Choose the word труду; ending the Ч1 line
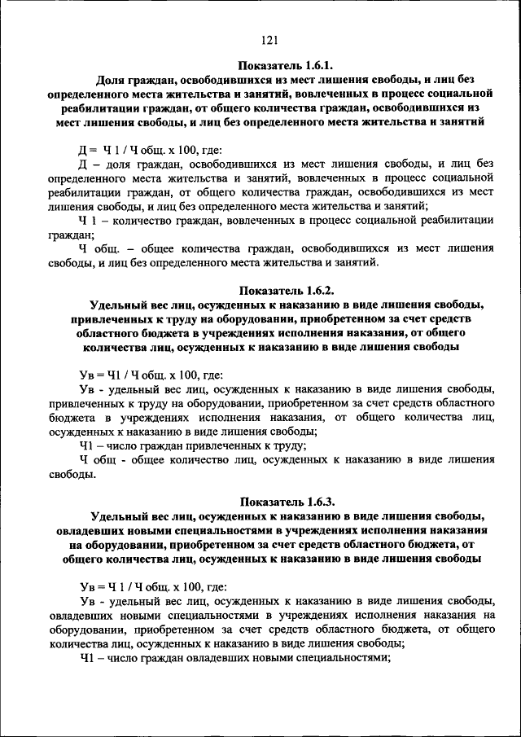(287, 445)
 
